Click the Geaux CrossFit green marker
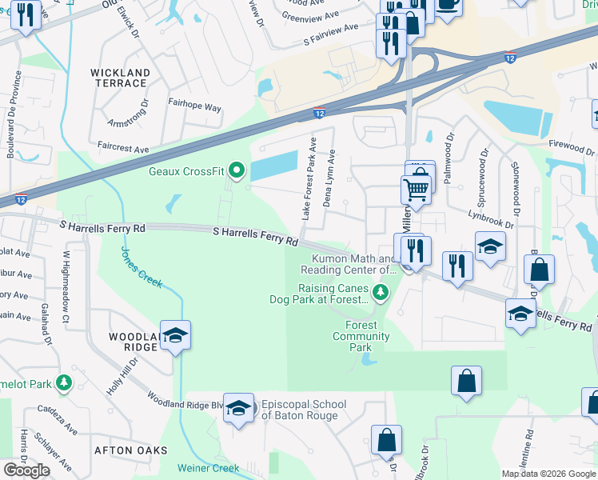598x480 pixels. [x=236, y=170]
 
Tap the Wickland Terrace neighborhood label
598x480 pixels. [x=120, y=78]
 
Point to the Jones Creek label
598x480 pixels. [x=142, y=266]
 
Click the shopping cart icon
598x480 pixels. [x=416, y=190]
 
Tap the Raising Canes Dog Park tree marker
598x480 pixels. [x=381, y=294]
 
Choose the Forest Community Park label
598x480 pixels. [x=361, y=336]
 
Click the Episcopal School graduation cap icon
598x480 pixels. [x=237, y=408]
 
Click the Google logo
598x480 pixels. [x=26, y=470]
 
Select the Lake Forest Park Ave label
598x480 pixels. [x=309, y=178]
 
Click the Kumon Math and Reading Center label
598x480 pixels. [x=349, y=265]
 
